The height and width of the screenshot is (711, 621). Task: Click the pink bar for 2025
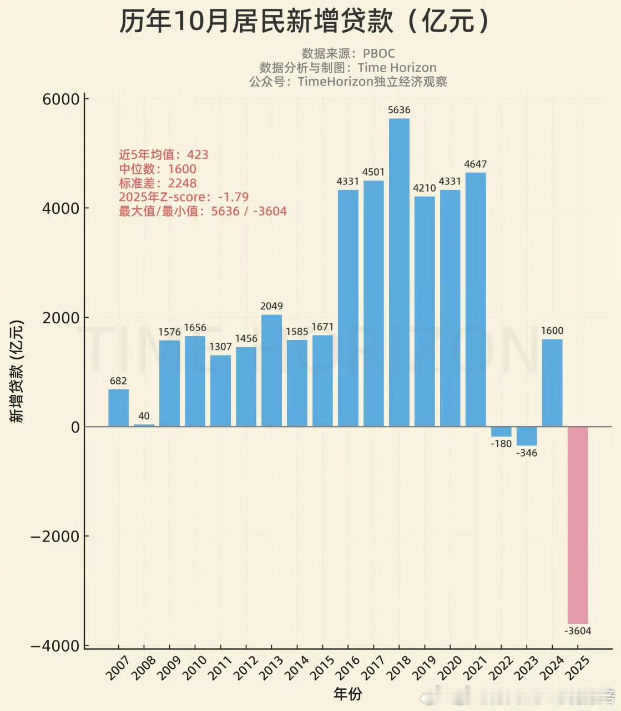pos(578,525)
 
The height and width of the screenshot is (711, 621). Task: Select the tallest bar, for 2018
pos(399,272)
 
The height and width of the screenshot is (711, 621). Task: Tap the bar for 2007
pos(118,408)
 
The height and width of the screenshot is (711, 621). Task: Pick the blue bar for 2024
pos(552,383)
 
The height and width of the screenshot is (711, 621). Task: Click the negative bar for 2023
pos(527,436)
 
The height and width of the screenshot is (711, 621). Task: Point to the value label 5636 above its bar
pos(399,110)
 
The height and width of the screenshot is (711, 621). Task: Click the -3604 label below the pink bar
pos(578,631)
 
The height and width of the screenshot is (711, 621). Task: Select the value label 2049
pos(271,306)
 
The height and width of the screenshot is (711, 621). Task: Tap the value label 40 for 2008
pos(144,416)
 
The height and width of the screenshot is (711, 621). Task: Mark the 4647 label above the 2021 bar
pos(476,164)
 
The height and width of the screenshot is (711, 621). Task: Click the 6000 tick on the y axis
pos(61,99)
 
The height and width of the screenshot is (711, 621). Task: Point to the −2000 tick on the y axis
pos(55,537)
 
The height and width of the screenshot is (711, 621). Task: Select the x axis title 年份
pos(348,694)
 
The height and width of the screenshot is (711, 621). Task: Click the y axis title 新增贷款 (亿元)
pos(18,371)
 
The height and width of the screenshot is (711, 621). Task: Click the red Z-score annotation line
pos(184,197)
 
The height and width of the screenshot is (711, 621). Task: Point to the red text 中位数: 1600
pos(158,169)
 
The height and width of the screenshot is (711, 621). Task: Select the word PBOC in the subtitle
pos(379,53)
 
